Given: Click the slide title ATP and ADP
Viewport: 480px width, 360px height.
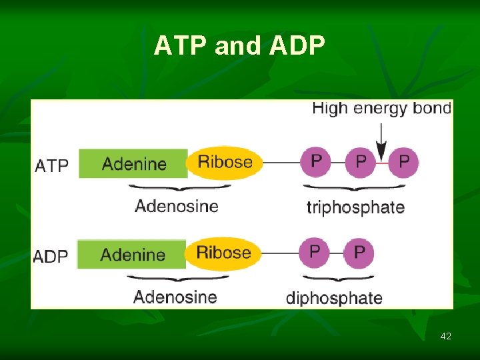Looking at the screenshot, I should coord(239,46).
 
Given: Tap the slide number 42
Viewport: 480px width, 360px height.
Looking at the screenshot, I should coord(445,336).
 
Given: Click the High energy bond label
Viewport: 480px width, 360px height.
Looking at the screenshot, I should coord(381,108).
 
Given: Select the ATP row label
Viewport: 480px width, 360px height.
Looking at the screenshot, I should coord(51,165).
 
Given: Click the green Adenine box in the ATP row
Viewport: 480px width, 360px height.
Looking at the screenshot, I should coord(133,163).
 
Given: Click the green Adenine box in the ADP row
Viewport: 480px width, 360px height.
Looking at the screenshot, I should coord(132,254).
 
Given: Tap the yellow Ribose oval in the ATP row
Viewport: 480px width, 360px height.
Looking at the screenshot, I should coord(225,162).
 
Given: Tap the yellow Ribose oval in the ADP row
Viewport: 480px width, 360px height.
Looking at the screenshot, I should coord(223,253).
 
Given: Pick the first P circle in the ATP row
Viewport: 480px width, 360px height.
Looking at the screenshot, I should coord(315,162).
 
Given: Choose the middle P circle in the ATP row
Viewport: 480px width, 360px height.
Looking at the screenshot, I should coord(360,162).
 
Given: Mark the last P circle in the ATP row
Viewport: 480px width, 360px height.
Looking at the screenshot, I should coord(403,162).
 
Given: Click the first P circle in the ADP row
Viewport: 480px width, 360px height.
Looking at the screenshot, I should coord(315,253).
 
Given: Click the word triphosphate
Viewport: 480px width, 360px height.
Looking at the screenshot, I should coord(355,207).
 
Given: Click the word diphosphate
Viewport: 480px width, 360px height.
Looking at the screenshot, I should coord(334,298).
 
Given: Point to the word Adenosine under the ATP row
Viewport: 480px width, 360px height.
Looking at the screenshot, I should coord(177,206).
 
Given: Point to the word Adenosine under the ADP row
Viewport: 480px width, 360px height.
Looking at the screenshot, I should coord(175,297).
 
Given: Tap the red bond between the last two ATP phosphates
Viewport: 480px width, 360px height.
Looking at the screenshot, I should coord(382,162).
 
